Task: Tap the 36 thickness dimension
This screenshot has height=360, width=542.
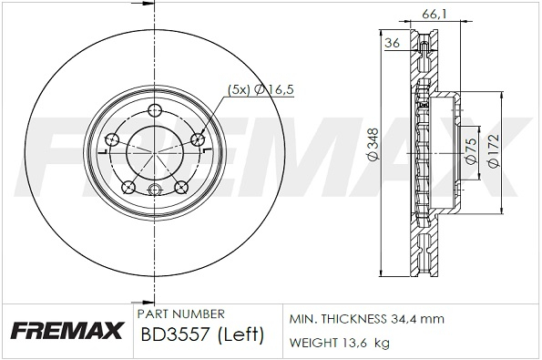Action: pos(393,43)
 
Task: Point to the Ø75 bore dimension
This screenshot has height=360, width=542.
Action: pos(471,150)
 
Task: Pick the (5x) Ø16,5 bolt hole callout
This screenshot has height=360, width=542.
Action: pos(261,89)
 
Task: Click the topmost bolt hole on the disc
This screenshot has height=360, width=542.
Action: pos(155,111)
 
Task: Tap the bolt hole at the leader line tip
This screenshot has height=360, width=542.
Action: pos(199,139)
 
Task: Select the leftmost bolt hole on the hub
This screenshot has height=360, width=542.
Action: pos(112,139)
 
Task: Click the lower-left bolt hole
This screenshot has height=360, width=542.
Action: pos(128,187)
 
